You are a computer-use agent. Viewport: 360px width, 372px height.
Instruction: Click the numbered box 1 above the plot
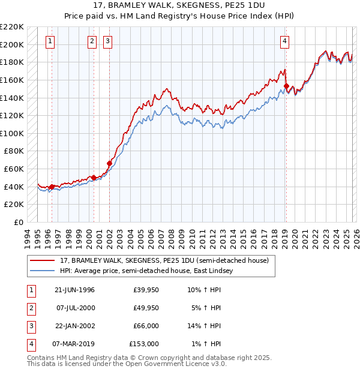coord(49,41)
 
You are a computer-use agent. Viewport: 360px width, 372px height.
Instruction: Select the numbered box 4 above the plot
coord(284,41)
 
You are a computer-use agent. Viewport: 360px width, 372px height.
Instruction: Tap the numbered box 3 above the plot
coord(107,41)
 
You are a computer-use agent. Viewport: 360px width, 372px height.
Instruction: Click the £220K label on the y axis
coord(13,27)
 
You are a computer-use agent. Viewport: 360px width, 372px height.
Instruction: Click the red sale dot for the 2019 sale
coord(286,86)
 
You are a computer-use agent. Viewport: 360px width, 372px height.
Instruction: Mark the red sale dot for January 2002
coord(109,163)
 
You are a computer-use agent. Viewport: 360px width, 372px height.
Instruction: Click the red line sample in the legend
coord(43,260)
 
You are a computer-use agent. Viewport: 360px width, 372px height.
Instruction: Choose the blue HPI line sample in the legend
coord(43,271)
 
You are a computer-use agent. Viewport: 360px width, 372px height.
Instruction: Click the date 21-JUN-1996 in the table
coord(74,290)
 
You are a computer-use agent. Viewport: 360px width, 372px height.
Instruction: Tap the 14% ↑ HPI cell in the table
coord(205,326)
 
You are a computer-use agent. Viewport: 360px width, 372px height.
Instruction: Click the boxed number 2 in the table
coord(31,308)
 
